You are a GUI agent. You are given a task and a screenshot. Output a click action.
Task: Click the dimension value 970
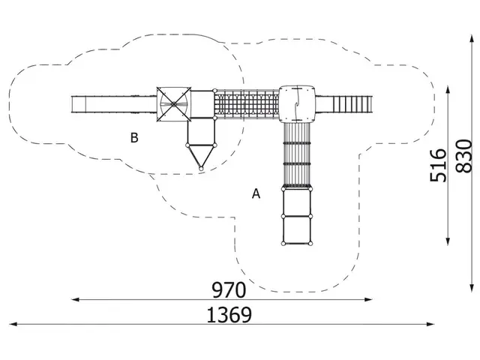click(x=229, y=290)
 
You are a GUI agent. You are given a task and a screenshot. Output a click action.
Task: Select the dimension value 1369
click(x=229, y=315)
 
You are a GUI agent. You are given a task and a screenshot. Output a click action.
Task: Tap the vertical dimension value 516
click(x=438, y=165)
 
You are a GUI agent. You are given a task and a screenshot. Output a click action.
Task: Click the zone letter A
click(x=256, y=193)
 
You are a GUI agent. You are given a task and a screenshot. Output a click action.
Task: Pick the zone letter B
click(x=134, y=138)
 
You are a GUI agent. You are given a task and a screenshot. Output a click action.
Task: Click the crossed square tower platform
click(x=174, y=104)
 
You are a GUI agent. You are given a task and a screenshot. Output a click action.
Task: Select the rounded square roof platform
click(x=297, y=104)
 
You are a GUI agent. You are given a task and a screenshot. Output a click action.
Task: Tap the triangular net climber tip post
click(x=201, y=168)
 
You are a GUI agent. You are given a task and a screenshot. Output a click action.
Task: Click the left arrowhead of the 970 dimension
click(x=74, y=299)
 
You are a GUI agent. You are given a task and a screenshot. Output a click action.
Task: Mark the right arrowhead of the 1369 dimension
click(x=430, y=324)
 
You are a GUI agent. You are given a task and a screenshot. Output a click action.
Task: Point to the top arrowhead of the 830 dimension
click(x=472, y=39)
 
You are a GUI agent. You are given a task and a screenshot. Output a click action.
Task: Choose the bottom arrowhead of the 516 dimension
click(x=448, y=241)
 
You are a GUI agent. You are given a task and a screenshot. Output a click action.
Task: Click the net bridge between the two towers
click(x=247, y=104)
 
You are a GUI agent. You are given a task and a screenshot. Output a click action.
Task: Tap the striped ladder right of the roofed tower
click(x=352, y=104)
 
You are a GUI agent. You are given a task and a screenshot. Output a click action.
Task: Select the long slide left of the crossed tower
click(x=114, y=104)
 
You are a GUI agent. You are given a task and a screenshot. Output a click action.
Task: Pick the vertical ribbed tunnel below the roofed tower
click(x=297, y=155)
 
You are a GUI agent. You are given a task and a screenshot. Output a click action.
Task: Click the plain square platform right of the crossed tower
click(x=202, y=104)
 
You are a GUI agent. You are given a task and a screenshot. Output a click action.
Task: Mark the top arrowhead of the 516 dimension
click(x=448, y=90)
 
